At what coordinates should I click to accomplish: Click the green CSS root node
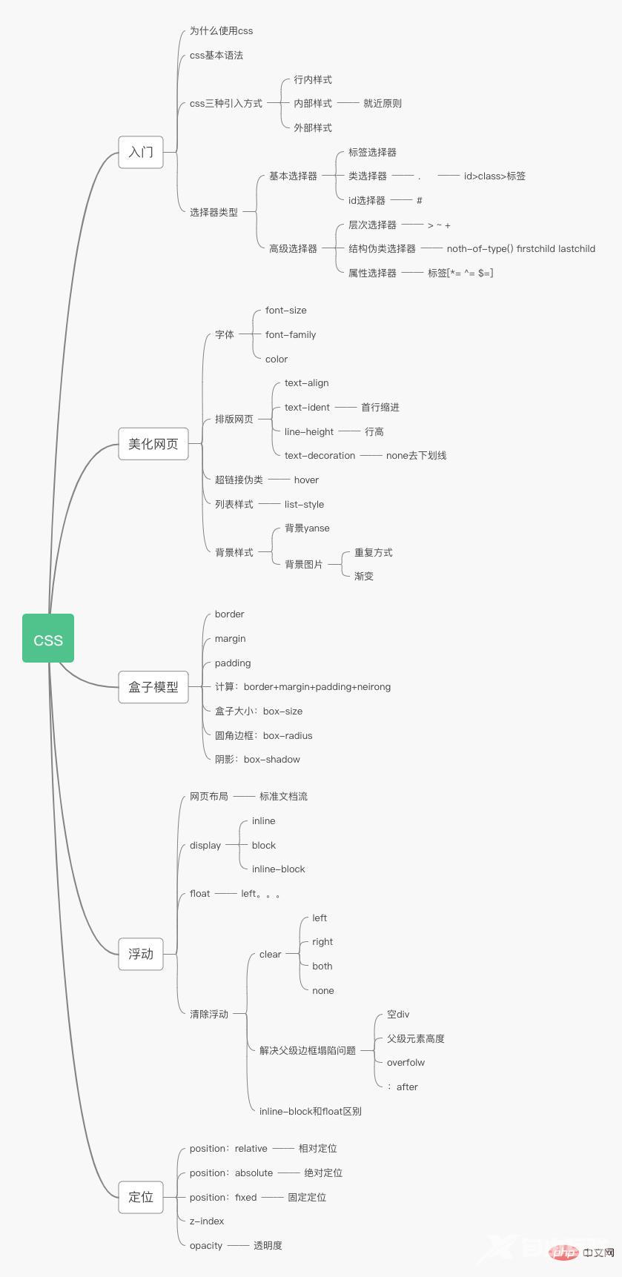48,638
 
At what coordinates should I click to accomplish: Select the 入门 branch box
141,152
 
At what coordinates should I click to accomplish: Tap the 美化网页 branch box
153,444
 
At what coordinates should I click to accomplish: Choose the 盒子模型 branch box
153,687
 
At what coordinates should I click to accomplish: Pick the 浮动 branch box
141,954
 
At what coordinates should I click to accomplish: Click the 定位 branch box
141,1197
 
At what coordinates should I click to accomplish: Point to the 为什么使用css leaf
221,31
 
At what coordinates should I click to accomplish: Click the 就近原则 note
383,104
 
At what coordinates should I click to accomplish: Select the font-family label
291,335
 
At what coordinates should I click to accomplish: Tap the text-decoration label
320,456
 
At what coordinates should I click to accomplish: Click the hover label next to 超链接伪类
306,480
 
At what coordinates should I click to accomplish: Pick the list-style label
304,505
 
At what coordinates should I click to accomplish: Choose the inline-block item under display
278,869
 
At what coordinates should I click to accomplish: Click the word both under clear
322,966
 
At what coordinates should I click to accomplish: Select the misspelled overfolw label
406,1063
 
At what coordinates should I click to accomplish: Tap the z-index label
207,1221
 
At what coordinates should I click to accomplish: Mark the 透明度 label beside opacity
268,1246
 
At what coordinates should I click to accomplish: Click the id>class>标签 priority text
494,176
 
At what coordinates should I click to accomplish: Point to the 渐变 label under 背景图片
364,577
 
